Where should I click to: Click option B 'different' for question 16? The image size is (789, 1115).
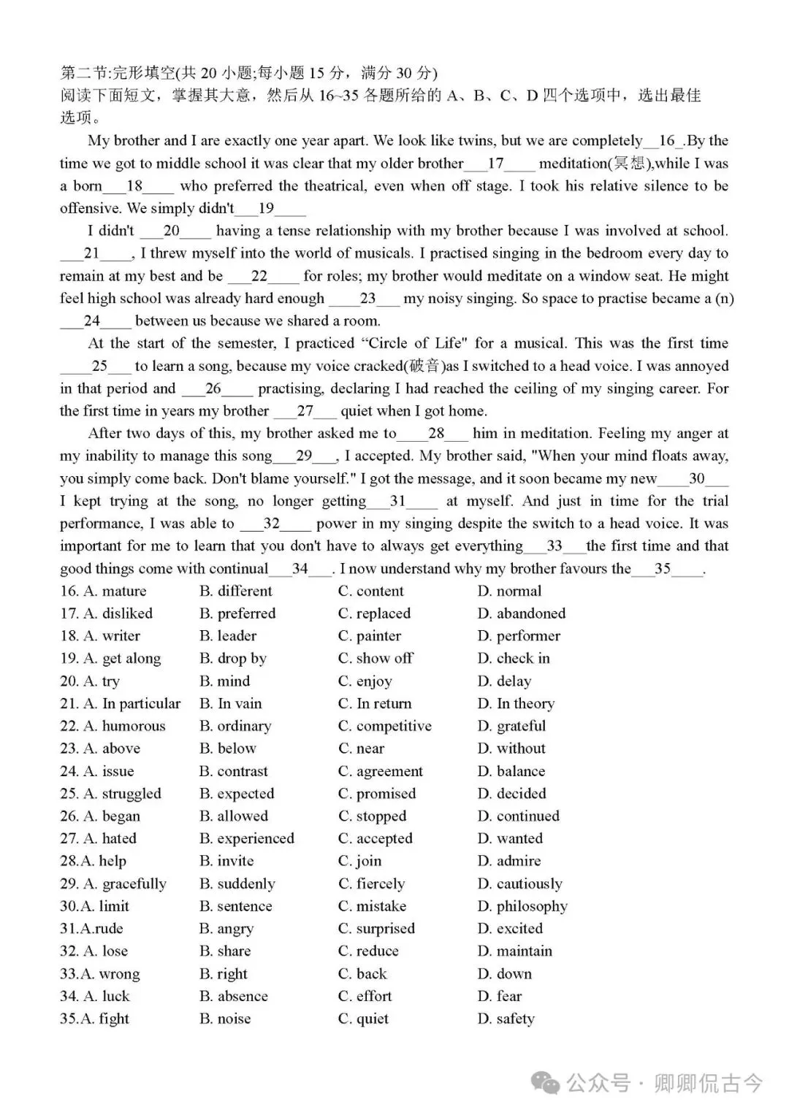pos(235,591)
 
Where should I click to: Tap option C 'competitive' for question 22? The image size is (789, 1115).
pos(384,726)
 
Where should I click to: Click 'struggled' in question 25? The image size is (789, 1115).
pos(122,794)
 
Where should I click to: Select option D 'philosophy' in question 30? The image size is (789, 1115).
pos(522,906)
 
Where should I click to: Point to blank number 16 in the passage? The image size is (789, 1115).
pos(666,141)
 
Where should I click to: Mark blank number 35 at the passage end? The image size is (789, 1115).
pos(663,569)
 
